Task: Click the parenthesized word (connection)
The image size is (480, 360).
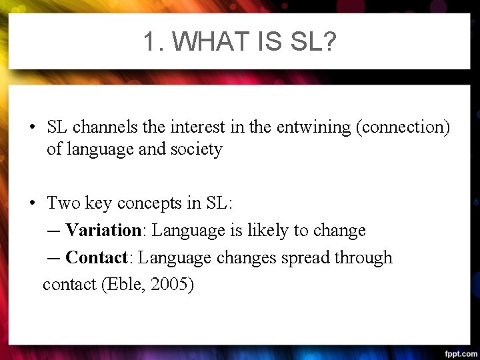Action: pyautogui.click(x=404, y=127)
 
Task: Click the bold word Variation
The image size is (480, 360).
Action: pyautogui.click(x=103, y=231)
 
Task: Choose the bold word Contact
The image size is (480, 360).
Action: pyautogui.click(x=97, y=257)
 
